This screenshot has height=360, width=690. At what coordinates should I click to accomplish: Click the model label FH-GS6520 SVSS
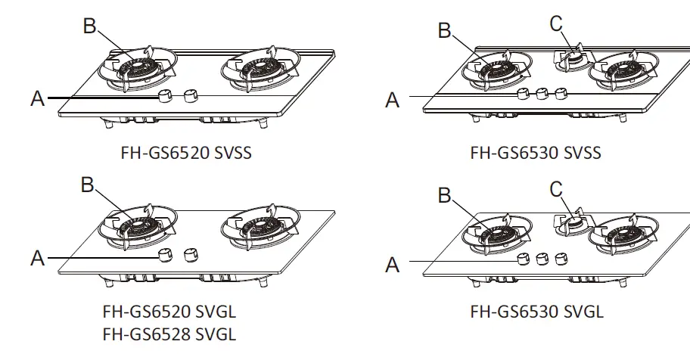[185, 154]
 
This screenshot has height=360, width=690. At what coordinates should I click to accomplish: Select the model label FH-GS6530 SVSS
[536, 154]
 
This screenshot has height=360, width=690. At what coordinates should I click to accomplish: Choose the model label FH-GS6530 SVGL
[537, 311]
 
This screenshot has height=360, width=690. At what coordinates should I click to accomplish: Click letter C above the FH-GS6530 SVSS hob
[557, 24]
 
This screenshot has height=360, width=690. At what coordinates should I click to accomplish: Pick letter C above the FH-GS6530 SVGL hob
[557, 188]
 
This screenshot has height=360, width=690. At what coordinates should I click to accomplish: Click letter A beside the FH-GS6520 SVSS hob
[38, 99]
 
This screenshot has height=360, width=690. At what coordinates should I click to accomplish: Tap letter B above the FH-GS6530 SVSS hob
[445, 31]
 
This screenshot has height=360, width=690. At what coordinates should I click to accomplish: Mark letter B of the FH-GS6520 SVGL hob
[89, 185]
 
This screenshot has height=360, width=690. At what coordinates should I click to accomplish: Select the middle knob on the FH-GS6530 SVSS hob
[541, 94]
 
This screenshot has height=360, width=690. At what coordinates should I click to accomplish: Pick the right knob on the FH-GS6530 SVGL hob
[561, 259]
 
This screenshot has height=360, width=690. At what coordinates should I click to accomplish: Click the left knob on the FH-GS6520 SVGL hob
[164, 255]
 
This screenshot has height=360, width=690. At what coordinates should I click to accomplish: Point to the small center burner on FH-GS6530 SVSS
[574, 59]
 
